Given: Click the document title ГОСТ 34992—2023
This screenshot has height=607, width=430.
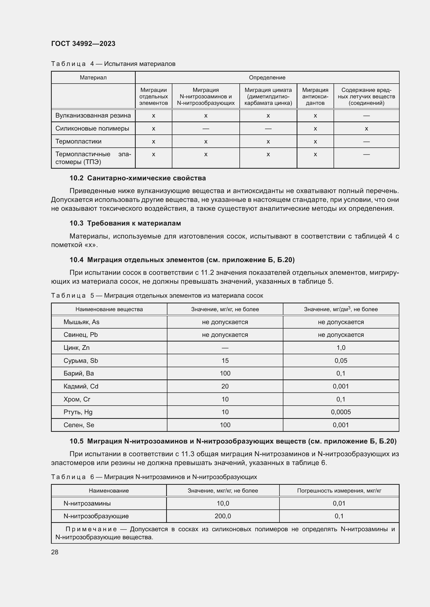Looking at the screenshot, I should click(x=83, y=44).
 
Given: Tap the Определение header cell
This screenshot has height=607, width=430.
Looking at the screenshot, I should click(x=267, y=77).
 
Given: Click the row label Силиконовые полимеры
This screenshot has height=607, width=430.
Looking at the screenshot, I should click(x=92, y=128).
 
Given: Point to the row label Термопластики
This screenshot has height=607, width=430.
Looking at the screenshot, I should click(x=78, y=141).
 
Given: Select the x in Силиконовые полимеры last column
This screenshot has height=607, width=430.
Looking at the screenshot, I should click(x=366, y=129).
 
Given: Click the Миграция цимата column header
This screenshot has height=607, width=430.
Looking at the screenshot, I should click(x=268, y=97).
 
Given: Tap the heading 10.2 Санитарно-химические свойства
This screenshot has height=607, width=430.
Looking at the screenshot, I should click(x=138, y=178).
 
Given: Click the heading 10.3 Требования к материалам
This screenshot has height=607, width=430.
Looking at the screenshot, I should click(x=125, y=223).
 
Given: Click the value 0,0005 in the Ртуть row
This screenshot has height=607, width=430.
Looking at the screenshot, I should click(x=341, y=412).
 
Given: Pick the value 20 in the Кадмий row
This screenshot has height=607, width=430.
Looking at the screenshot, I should click(x=225, y=386).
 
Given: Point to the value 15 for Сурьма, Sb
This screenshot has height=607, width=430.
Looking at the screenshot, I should click(x=225, y=361).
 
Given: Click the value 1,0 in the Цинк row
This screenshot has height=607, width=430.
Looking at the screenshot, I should click(x=341, y=348).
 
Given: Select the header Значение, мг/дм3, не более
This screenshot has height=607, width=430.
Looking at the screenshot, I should click(x=341, y=309).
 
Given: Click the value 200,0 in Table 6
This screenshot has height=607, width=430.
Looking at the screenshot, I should click(x=223, y=516).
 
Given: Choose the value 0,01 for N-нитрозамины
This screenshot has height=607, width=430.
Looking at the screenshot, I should click(x=339, y=503).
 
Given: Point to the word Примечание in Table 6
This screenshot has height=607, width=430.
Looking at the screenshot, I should click(x=91, y=529).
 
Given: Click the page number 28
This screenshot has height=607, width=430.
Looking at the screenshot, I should click(x=55, y=552).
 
